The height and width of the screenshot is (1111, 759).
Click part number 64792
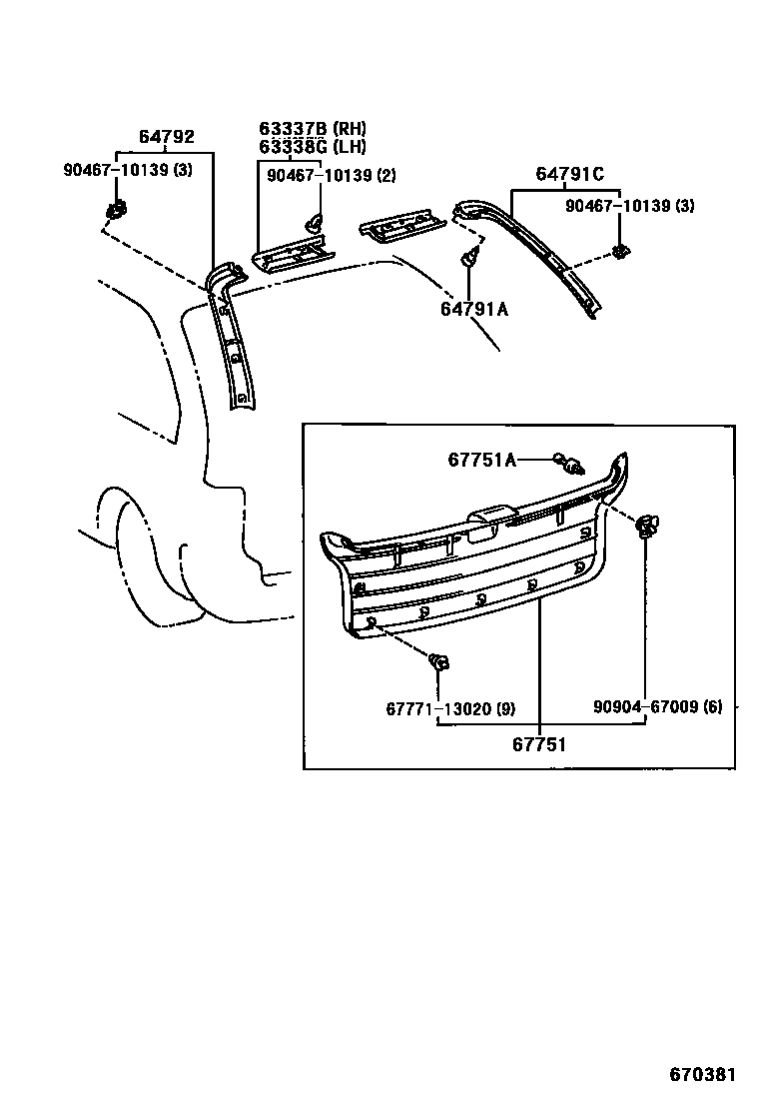pos(166,138)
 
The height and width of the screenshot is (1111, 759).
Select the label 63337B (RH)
pos(313,129)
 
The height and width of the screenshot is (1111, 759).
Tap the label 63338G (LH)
pos(313,147)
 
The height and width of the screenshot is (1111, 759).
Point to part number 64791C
pos(569,175)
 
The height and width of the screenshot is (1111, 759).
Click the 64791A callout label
pos(474,309)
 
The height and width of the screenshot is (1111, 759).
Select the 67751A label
pos(481,460)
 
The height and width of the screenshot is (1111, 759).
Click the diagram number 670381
pos(702,1075)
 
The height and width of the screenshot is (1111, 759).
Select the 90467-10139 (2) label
pos(331,176)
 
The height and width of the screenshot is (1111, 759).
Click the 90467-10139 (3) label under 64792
pos(128,170)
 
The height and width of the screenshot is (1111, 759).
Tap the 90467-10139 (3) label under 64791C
pos(629,206)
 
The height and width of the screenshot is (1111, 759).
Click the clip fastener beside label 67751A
pos(570,463)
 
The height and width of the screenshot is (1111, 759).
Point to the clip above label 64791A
pos(467,261)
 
